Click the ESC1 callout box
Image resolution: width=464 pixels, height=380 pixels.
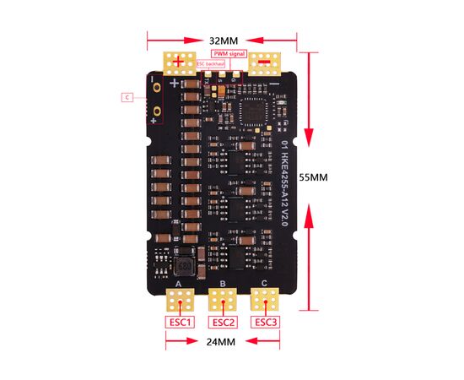pos(180,322)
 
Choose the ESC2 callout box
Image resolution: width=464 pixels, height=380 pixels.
pos(223,322)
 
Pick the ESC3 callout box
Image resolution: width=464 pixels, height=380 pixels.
pos(265,322)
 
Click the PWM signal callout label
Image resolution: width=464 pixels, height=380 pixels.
pos(229,53)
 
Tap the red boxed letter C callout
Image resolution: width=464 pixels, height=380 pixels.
pos(126,97)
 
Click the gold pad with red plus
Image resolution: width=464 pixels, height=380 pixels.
pos(178,61)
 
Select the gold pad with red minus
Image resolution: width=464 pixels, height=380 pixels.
pos(265,61)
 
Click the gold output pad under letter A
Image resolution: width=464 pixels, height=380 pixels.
pos(180,299)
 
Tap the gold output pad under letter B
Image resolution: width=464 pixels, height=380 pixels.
pos(223,299)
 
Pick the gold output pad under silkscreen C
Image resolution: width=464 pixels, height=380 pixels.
pos(266,299)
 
